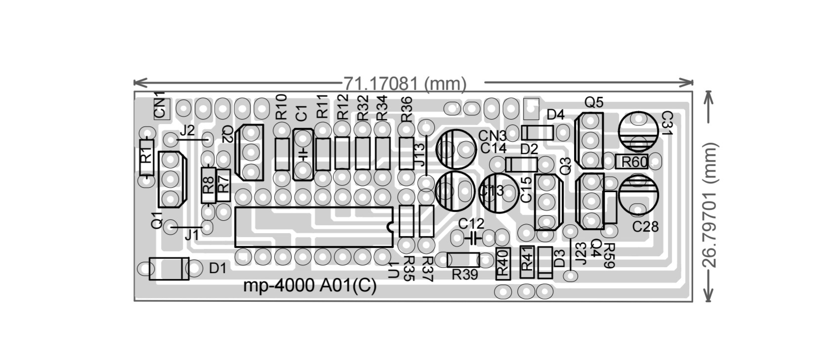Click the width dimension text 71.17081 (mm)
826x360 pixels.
(x=405, y=84)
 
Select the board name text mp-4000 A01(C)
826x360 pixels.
(x=310, y=286)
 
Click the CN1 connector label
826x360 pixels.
(x=161, y=105)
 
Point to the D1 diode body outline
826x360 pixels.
(x=168, y=269)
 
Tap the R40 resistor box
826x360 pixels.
(x=502, y=264)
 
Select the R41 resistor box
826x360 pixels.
(x=528, y=262)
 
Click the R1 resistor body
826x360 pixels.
(x=147, y=158)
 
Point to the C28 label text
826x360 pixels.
(x=646, y=227)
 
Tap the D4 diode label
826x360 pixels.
(x=555, y=115)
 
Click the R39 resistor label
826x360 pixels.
(x=465, y=275)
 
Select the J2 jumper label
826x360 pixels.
(x=187, y=131)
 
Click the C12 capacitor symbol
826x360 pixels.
(x=473, y=238)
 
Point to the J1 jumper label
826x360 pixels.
(x=191, y=236)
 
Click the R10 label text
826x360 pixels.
(x=281, y=107)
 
